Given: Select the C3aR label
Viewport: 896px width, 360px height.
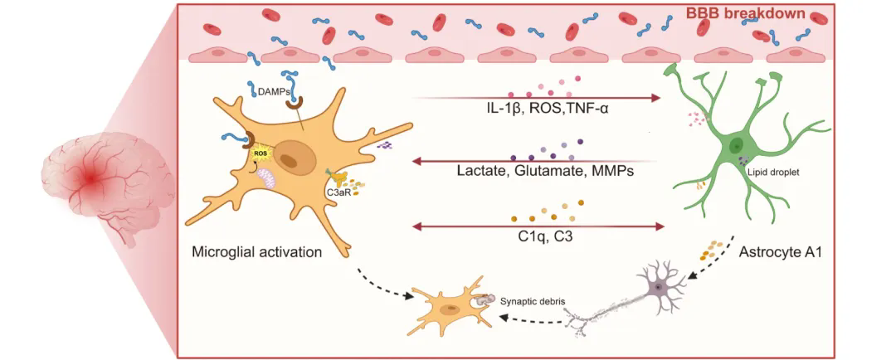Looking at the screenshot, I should point(337,193).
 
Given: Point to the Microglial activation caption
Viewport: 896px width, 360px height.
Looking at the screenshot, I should point(256,252).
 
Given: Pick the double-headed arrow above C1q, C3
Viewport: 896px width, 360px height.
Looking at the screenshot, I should point(539,225).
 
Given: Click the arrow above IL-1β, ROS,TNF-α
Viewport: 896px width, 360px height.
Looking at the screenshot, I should point(539,98).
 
